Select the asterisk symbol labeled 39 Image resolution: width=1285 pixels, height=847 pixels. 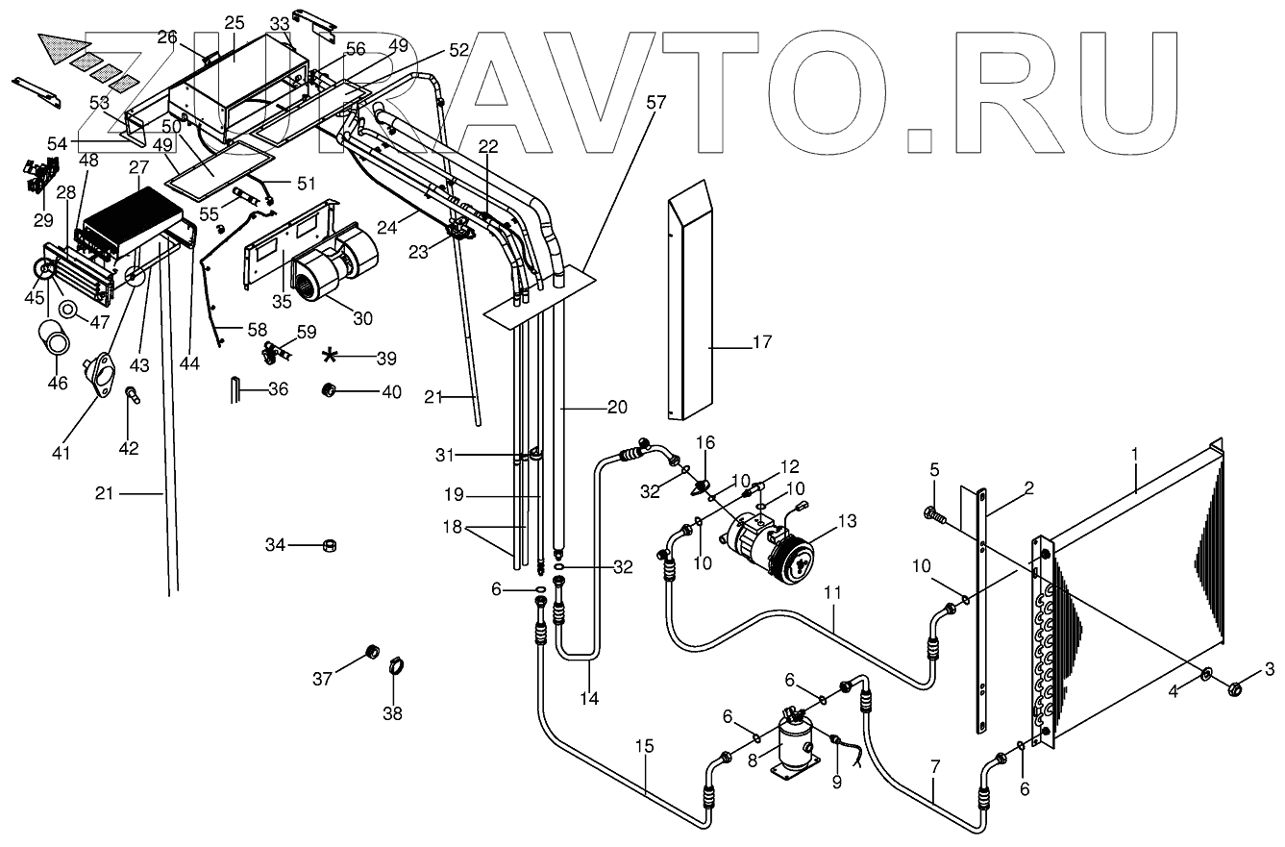pos(331,357)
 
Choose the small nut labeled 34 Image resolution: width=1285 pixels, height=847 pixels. pos(328,546)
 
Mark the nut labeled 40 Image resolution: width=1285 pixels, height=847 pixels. pos(328,390)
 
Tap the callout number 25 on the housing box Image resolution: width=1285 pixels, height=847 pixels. pos(235,22)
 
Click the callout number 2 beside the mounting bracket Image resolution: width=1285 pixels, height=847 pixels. pos(1027,488)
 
